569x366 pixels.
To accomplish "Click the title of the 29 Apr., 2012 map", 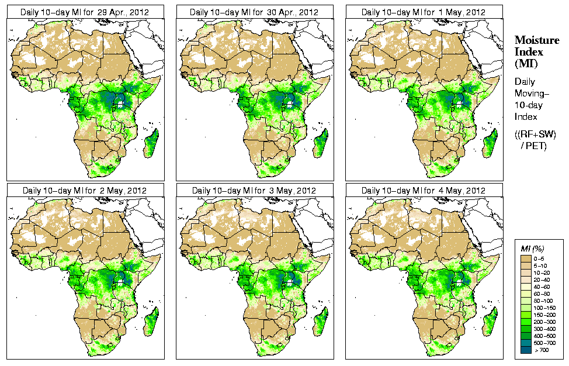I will click(85, 12).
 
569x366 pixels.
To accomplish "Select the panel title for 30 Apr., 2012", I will click(254, 12).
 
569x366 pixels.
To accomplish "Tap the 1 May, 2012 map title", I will click(424, 12).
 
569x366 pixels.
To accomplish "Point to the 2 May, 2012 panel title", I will click(85, 191).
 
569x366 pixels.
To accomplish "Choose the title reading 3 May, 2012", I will click(254, 191).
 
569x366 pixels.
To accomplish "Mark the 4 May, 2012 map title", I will click(424, 191).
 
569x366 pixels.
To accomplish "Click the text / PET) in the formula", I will click(533, 146).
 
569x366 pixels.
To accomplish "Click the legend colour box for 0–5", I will click(525, 258).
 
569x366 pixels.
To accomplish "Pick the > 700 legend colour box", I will click(525, 349).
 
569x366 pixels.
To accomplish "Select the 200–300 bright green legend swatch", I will click(525, 321).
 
